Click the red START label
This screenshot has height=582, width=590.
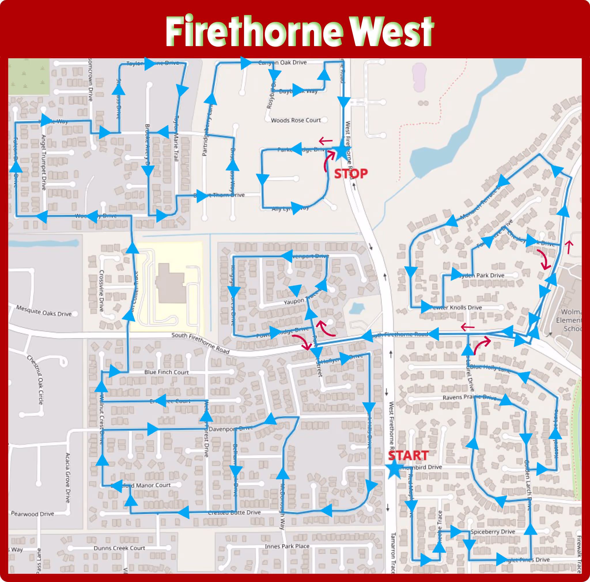(408, 455)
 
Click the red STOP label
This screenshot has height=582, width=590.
(351, 174)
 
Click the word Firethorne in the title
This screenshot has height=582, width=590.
(254, 31)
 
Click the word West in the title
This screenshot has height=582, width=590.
(391, 31)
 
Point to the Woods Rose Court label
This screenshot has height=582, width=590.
(296, 120)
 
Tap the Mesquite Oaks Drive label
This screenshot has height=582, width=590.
(44, 311)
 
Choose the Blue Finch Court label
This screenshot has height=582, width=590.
(167, 372)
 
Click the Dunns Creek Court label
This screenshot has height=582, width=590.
(119, 548)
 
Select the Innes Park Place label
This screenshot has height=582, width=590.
(287, 546)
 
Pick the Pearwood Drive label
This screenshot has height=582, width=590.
(32, 514)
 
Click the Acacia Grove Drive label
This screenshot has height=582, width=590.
(67, 478)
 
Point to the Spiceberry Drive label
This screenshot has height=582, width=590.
(493, 532)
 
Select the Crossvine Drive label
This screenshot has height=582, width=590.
(101, 291)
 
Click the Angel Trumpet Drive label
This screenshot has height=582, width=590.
(44, 162)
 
